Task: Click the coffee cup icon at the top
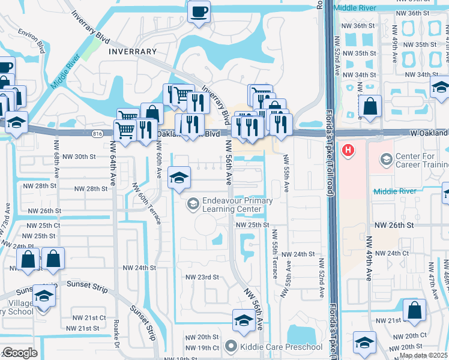click(x=199, y=11)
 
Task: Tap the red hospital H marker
click(x=347, y=150)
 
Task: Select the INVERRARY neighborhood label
click(x=133, y=52)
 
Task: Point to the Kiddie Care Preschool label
click(x=273, y=347)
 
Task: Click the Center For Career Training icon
click(x=386, y=160)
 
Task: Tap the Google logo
click(x=20, y=353)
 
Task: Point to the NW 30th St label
click(x=74, y=157)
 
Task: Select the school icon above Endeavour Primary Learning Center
click(x=179, y=176)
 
